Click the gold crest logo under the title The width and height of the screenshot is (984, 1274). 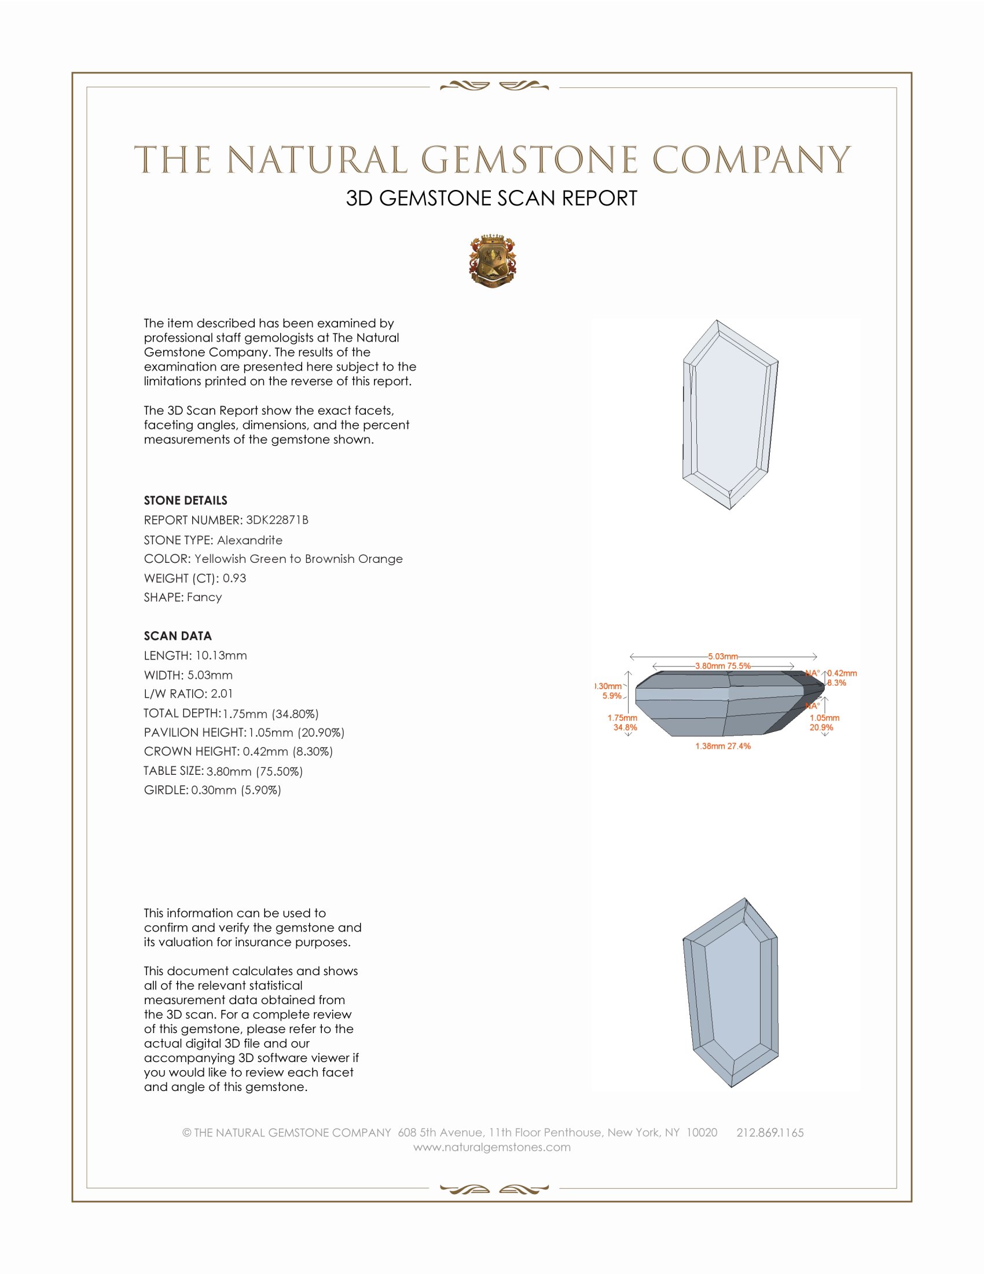coord(492,261)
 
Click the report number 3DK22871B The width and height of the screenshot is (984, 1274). coord(277,520)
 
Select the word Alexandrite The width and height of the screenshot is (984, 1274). coord(249,540)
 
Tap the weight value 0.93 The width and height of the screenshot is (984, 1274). coord(234,578)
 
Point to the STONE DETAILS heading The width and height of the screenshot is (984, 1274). coord(185,500)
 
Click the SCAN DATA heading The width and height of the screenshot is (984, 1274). coord(178,636)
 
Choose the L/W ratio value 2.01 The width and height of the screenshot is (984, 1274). coord(222,694)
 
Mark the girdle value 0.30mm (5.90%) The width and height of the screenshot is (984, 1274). coord(236,790)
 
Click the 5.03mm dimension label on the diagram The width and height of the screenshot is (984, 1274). coord(723,656)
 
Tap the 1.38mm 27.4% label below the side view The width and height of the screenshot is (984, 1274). coord(723,746)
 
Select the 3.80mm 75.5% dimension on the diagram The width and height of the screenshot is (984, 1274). coord(723,665)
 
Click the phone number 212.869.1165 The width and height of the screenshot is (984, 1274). coord(770,1132)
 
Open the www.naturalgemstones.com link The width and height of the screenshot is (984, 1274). coord(492,1147)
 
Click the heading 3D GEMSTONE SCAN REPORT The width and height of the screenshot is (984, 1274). coord(491,198)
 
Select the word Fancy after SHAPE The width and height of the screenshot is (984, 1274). coord(204,596)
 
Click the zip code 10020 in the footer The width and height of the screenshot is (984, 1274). coord(702,1132)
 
